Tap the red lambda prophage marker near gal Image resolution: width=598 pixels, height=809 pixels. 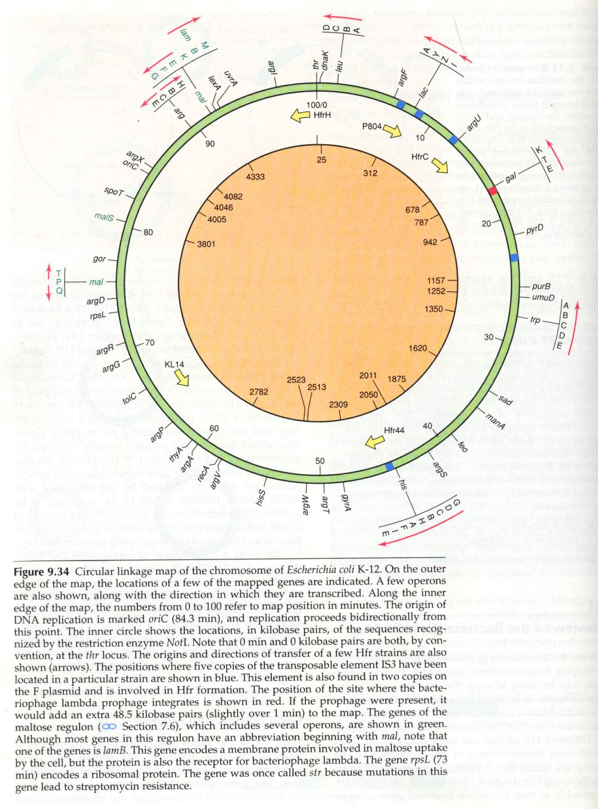click(x=492, y=190)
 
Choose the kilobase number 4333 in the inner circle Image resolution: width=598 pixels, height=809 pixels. click(x=255, y=176)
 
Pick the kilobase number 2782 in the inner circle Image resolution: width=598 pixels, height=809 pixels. click(x=259, y=392)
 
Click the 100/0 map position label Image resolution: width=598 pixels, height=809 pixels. click(x=316, y=105)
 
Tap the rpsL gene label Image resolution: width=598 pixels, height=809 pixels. click(x=98, y=315)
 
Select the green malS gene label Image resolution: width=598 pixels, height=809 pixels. click(x=104, y=218)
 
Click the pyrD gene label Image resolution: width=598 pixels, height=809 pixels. click(x=534, y=229)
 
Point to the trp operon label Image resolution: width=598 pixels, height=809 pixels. click(x=535, y=320)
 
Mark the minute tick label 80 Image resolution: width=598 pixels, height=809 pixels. click(x=148, y=232)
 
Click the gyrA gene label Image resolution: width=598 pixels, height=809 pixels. click(x=346, y=502)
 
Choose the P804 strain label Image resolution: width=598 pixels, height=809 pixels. click(x=372, y=126)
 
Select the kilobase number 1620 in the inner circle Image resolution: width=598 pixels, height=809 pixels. click(x=418, y=348)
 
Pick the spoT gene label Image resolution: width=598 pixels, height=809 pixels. click(x=113, y=191)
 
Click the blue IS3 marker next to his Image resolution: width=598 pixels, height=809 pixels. click(x=390, y=467)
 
